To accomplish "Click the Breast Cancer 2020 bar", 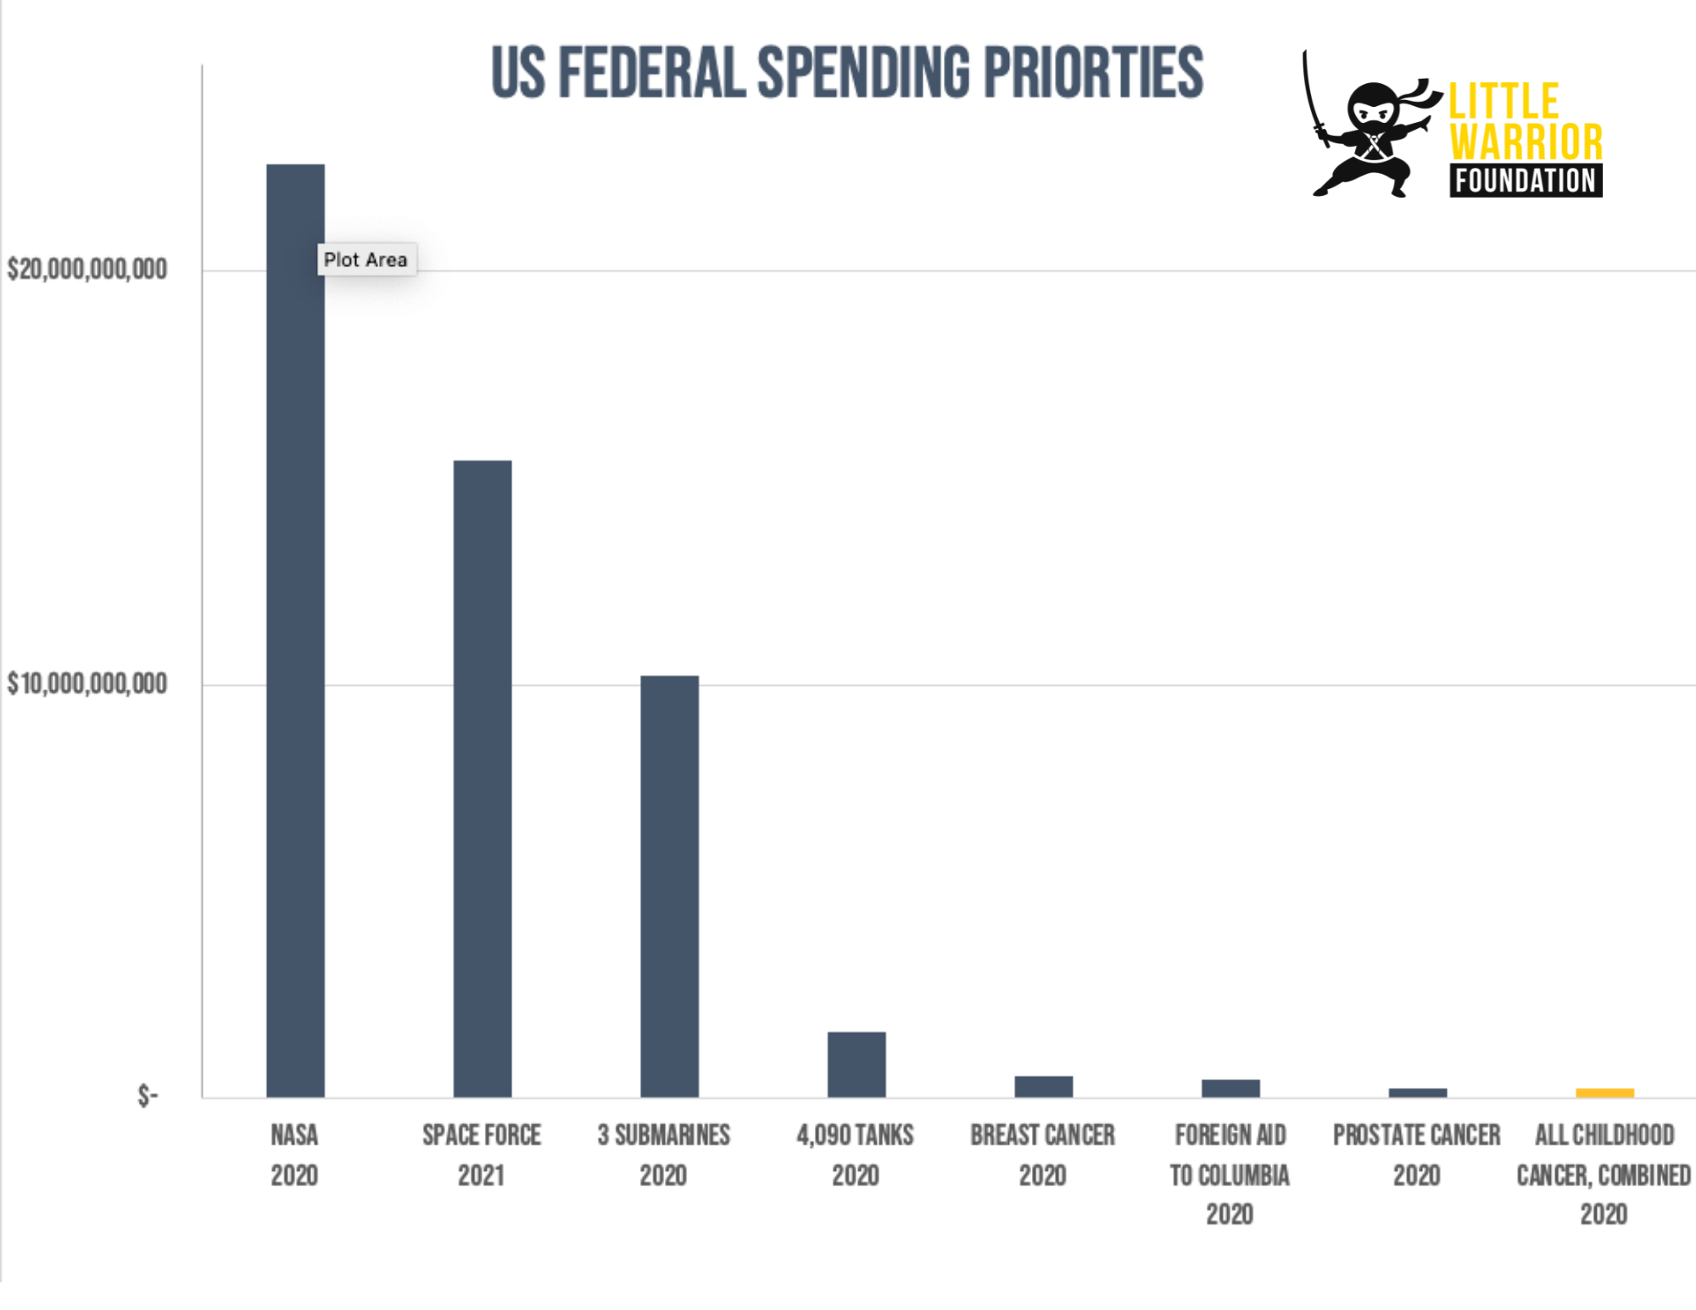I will [1043, 1086].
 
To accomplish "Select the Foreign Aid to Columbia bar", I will [1230, 1088].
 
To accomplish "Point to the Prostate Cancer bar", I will [1417, 1092].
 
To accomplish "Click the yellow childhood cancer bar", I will [1604, 1092].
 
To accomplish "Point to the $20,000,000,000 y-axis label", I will [86, 270].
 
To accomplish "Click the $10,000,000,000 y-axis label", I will [86, 683].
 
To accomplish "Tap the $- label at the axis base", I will [148, 1095].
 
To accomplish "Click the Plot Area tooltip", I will [365, 259].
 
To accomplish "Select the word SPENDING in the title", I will [862, 73].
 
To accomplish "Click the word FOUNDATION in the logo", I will [1525, 181].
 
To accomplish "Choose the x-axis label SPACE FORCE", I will [482, 1134].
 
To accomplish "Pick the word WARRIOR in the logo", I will [1526, 142].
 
